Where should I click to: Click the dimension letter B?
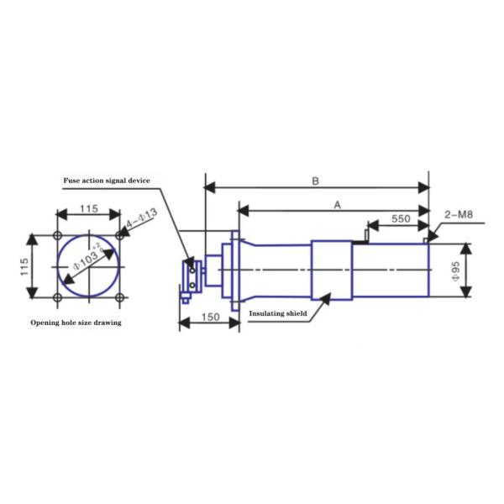pos(316,181)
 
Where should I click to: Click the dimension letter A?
pos(337,205)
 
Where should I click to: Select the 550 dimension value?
pos(401,219)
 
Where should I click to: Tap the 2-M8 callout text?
pos(459,214)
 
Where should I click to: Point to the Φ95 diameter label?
pos(456,271)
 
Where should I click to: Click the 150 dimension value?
pos(211,317)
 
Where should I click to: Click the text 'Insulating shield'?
pos(278,313)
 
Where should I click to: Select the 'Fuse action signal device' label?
pos(107,181)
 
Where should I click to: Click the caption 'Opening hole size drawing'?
pos(76,323)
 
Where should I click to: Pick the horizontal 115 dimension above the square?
pos(89,208)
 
